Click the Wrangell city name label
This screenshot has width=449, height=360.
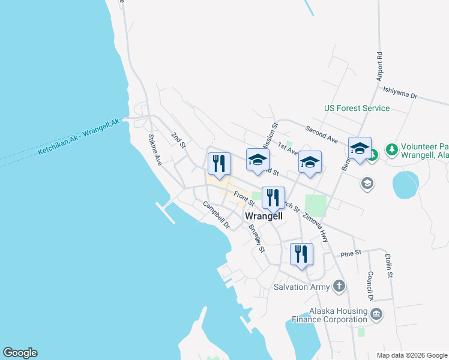tap(264, 216)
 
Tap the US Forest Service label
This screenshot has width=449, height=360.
tap(357, 109)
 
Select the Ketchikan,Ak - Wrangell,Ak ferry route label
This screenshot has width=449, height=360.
tap(79, 137)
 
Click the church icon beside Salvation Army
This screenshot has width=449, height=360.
tap(339, 286)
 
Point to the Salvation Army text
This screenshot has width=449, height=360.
tap(303, 287)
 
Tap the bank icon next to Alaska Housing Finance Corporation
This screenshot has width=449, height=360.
tap(376, 314)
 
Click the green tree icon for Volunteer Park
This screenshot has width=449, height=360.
tap(391, 148)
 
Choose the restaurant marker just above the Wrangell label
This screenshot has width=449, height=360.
tap(273, 197)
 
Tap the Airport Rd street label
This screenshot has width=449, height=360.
tap(379, 65)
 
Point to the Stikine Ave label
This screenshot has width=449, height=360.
tap(155, 150)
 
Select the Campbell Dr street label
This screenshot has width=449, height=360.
tap(216, 215)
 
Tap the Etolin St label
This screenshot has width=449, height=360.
tap(388, 266)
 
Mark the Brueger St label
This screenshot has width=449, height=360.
tap(256, 238)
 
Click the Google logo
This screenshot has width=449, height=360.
tap(20, 353)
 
